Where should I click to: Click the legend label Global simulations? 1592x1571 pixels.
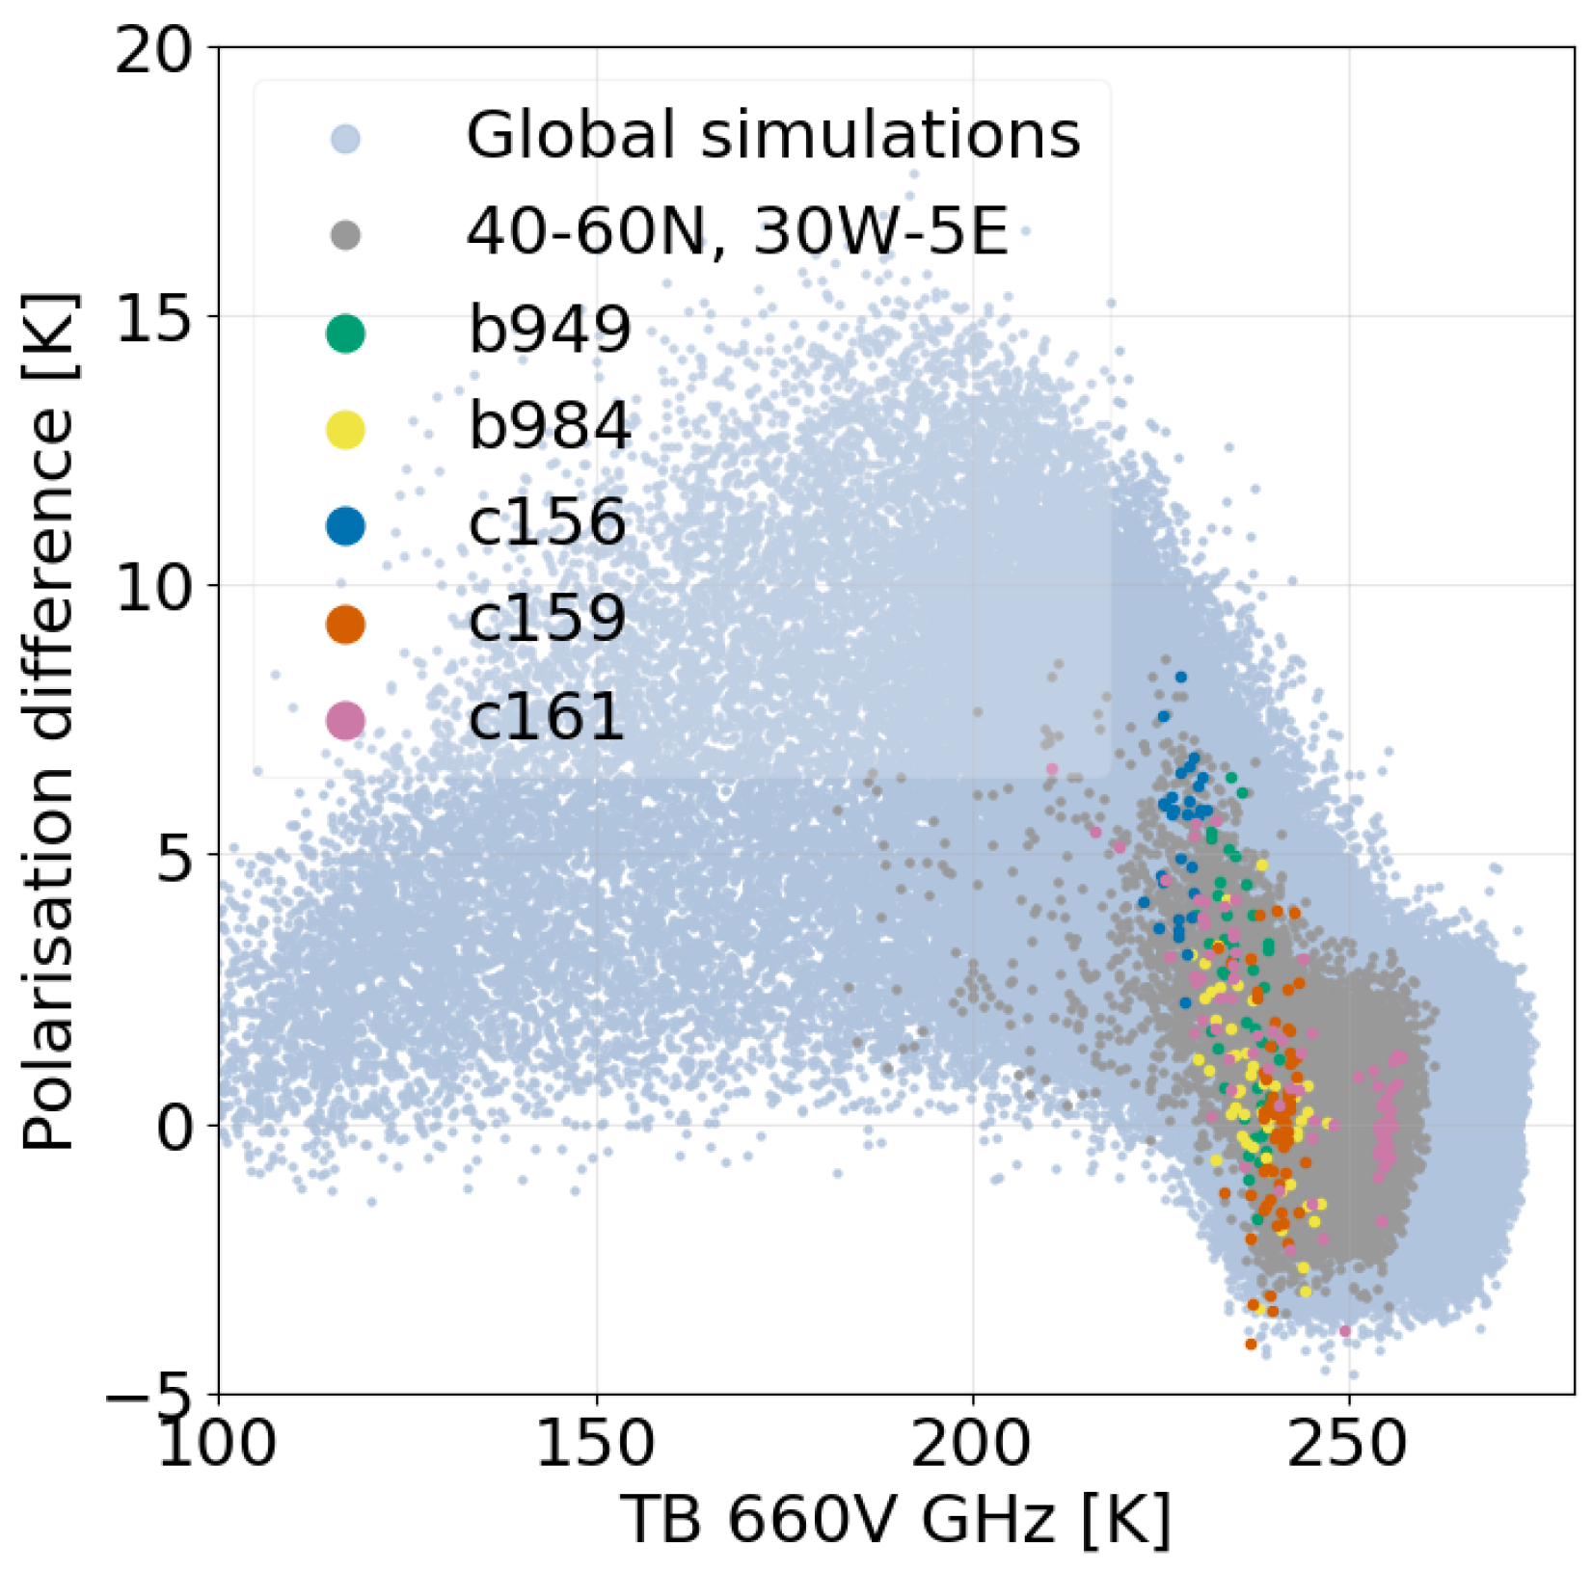(x=772, y=135)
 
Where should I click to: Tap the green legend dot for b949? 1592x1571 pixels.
(x=345, y=333)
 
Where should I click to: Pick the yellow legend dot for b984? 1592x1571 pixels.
(x=345, y=429)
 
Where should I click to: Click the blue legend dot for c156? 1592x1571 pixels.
(x=345, y=526)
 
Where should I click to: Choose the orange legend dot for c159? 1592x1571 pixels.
(x=345, y=624)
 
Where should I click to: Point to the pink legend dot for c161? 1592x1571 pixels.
(x=345, y=720)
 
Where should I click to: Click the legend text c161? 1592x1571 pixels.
(x=547, y=717)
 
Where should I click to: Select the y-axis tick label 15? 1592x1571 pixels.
(x=154, y=317)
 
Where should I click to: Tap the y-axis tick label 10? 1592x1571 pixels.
(x=154, y=586)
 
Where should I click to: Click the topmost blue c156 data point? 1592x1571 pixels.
(x=1180, y=678)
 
